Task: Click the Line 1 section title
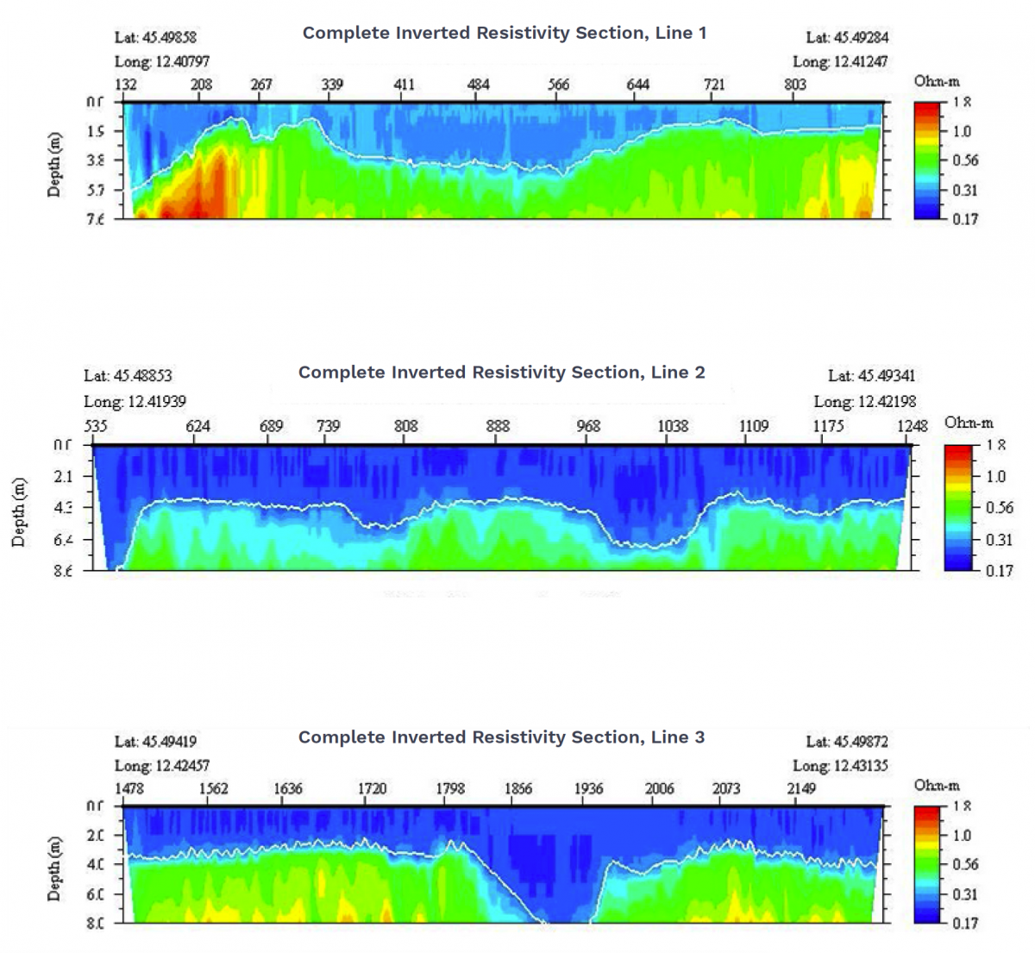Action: pos(505,33)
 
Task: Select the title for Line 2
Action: pos(501,373)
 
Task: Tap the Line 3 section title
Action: pos(501,737)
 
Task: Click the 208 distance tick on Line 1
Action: pos(201,85)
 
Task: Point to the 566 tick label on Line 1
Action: pos(559,85)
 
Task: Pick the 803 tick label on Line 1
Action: pos(794,85)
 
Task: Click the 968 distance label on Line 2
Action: pos(588,426)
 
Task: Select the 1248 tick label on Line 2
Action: pos(913,426)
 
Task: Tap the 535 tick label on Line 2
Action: pos(96,426)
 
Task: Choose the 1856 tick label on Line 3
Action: pos(518,788)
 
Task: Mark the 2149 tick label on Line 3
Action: pos(801,788)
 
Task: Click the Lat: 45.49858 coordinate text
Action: pos(156,38)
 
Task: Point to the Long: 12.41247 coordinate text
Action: pos(840,61)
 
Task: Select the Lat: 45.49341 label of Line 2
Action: pos(872,376)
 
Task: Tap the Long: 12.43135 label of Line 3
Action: pos(840,765)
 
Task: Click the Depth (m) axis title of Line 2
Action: pos(20,512)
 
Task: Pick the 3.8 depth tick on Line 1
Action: pos(96,160)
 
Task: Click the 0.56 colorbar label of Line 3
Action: pos(964,864)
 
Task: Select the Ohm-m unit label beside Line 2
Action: pos(969,423)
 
